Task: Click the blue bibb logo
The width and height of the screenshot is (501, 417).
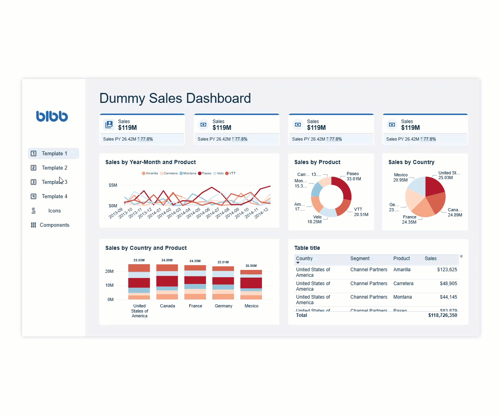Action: coord(52,116)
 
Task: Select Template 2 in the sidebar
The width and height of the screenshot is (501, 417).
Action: coord(54,168)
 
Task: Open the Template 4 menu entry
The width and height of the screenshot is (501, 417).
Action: coord(54,196)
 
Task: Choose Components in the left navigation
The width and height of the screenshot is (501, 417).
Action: coord(54,225)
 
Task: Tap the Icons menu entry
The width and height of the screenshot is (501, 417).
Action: coord(54,211)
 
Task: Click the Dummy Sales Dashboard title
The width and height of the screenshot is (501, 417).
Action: coord(175,98)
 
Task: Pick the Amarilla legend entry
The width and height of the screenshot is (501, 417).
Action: coord(150,173)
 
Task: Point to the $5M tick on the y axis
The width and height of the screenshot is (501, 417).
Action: coord(113,185)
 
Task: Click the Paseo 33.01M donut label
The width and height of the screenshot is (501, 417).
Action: coord(353,176)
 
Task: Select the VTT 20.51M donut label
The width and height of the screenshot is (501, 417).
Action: coord(360,212)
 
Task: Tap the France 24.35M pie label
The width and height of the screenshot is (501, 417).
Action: coord(409,220)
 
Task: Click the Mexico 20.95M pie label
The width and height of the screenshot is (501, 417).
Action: coord(400,178)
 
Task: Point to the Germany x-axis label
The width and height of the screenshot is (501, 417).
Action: coord(224,306)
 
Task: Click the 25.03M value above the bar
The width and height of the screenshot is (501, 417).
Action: coord(139,260)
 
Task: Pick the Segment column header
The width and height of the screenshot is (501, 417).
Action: coord(360,259)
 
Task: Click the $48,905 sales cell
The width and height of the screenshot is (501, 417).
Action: coord(448,284)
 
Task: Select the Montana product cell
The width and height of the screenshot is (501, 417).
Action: coord(403,297)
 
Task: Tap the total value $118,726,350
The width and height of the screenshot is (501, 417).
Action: coord(442,315)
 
